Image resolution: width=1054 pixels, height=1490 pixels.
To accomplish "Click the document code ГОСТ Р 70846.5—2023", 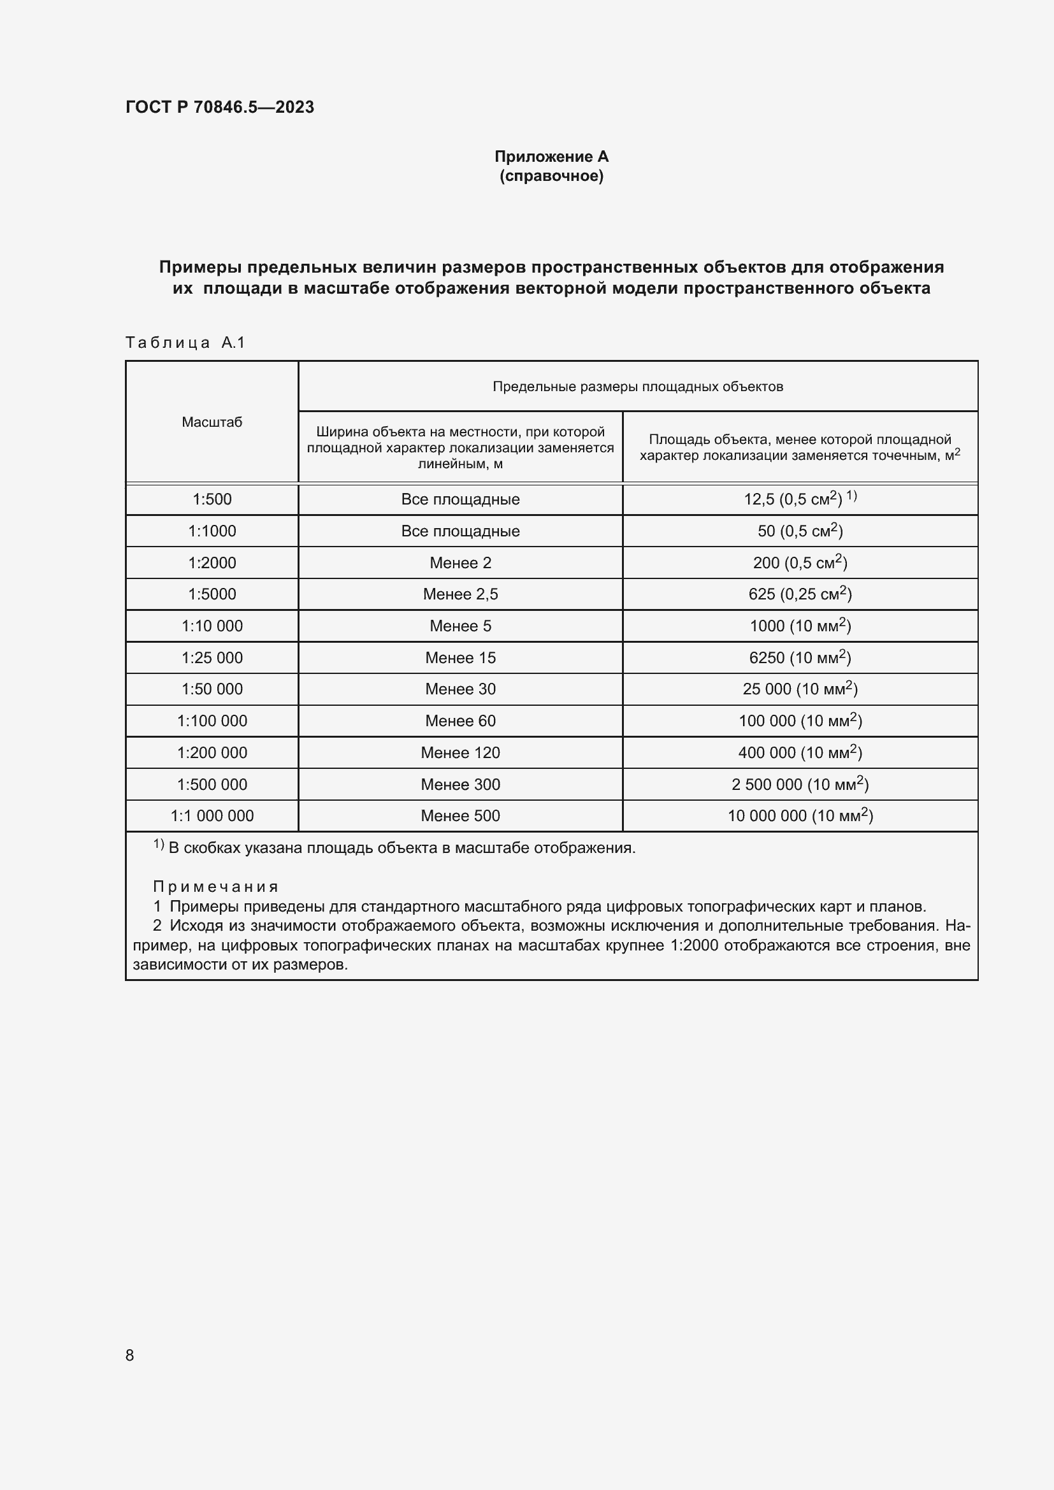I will tap(219, 107).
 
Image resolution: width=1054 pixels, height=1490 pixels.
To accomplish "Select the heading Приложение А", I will tap(551, 157).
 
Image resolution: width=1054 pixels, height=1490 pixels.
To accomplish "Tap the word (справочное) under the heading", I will tap(551, 176).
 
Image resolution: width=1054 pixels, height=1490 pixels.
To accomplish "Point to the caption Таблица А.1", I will tap(185, 343).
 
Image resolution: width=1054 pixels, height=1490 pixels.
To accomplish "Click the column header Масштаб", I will tap(212, 422).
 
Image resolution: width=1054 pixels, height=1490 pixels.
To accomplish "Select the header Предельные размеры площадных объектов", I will tap(637, 387).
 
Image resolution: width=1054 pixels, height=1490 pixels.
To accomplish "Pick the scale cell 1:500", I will tap(212, 499).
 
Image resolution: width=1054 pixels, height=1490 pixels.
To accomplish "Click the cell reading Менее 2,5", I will tap(460, 594).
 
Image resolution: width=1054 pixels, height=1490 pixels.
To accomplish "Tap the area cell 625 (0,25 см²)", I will tap(800, 594).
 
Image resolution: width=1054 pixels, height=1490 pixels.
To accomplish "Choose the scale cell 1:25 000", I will tap(212, 658).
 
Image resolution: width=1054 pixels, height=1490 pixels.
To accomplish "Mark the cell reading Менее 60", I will tap(460, 721).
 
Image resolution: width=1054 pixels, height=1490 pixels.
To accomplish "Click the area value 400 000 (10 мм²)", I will tap(800, 753).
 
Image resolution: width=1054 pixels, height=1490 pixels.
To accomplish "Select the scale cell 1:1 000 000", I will tap(212, 816).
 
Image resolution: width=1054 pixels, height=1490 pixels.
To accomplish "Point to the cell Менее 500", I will tap(460, 816).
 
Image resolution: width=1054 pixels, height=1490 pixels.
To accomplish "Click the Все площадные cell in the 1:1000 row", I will tap(460, 531).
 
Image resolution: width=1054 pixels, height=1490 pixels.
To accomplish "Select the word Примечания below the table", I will tap(215, 887).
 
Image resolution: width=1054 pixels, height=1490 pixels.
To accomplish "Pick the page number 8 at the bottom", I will tap(130, 1355).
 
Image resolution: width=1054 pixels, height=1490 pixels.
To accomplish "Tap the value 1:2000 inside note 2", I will tap(695, 945).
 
